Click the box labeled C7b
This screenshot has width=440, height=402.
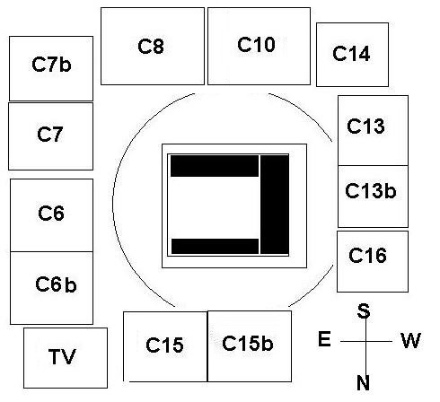(51, 68)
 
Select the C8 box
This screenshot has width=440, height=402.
(153, 46)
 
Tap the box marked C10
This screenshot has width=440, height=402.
(259, 46)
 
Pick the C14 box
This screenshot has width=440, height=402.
(352, 55)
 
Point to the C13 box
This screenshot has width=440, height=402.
(373, 130)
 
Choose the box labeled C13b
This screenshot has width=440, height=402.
(373, 197)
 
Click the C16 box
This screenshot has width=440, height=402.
(373, 261)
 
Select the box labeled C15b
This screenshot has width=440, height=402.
(250, 346)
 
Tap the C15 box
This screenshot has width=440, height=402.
(165, 346)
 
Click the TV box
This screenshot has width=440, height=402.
(66, 358)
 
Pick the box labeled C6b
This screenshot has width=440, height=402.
(51, 288)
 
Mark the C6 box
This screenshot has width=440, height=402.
(51, 215)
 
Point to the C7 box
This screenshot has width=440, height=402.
(51, 136)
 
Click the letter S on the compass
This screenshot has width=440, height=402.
(364, 310)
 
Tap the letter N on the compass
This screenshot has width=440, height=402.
(363, 382)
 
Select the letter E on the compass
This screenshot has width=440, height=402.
(324, 339)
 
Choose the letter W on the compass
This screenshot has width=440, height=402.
(411, 340)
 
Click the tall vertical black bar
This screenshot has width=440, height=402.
(275, 205)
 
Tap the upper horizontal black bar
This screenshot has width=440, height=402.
(215, 166)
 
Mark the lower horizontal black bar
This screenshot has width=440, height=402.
(215, 246)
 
